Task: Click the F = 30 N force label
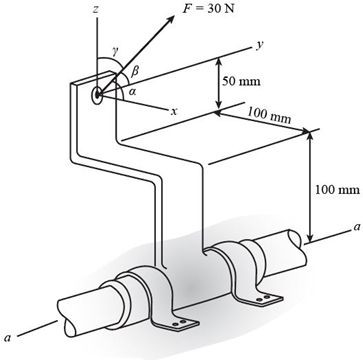(208, 8)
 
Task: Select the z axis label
(96, 10)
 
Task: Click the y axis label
(258, 45)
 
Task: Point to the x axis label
(173, 112)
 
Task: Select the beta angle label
(136, 71)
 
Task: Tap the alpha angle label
(132, 93)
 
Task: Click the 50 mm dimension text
(242, 81)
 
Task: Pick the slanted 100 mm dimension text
(269, 115)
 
